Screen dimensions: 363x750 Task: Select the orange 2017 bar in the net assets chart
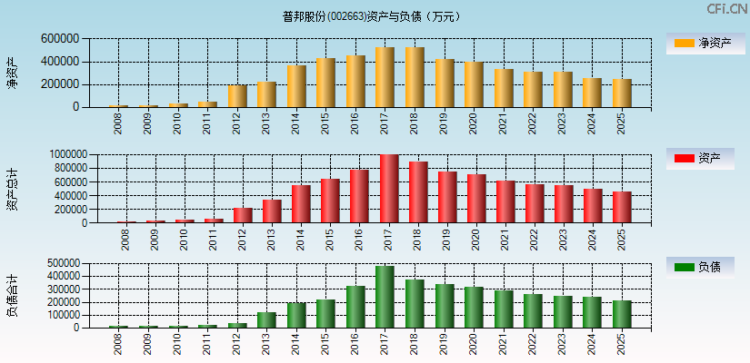(385, 77)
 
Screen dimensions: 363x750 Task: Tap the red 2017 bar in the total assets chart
(389, 189)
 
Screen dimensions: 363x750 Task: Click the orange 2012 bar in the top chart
(237, 96)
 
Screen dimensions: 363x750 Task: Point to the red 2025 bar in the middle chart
(622, 207)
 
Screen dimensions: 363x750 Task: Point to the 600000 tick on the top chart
(59, 39)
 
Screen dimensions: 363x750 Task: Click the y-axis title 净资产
(12, 73)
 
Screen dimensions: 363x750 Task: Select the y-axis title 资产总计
(12, 189)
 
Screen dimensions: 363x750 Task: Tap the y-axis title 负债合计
(12, 295)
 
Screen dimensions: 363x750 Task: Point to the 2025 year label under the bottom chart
(622, 345)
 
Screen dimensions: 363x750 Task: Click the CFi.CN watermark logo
(727, 8)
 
